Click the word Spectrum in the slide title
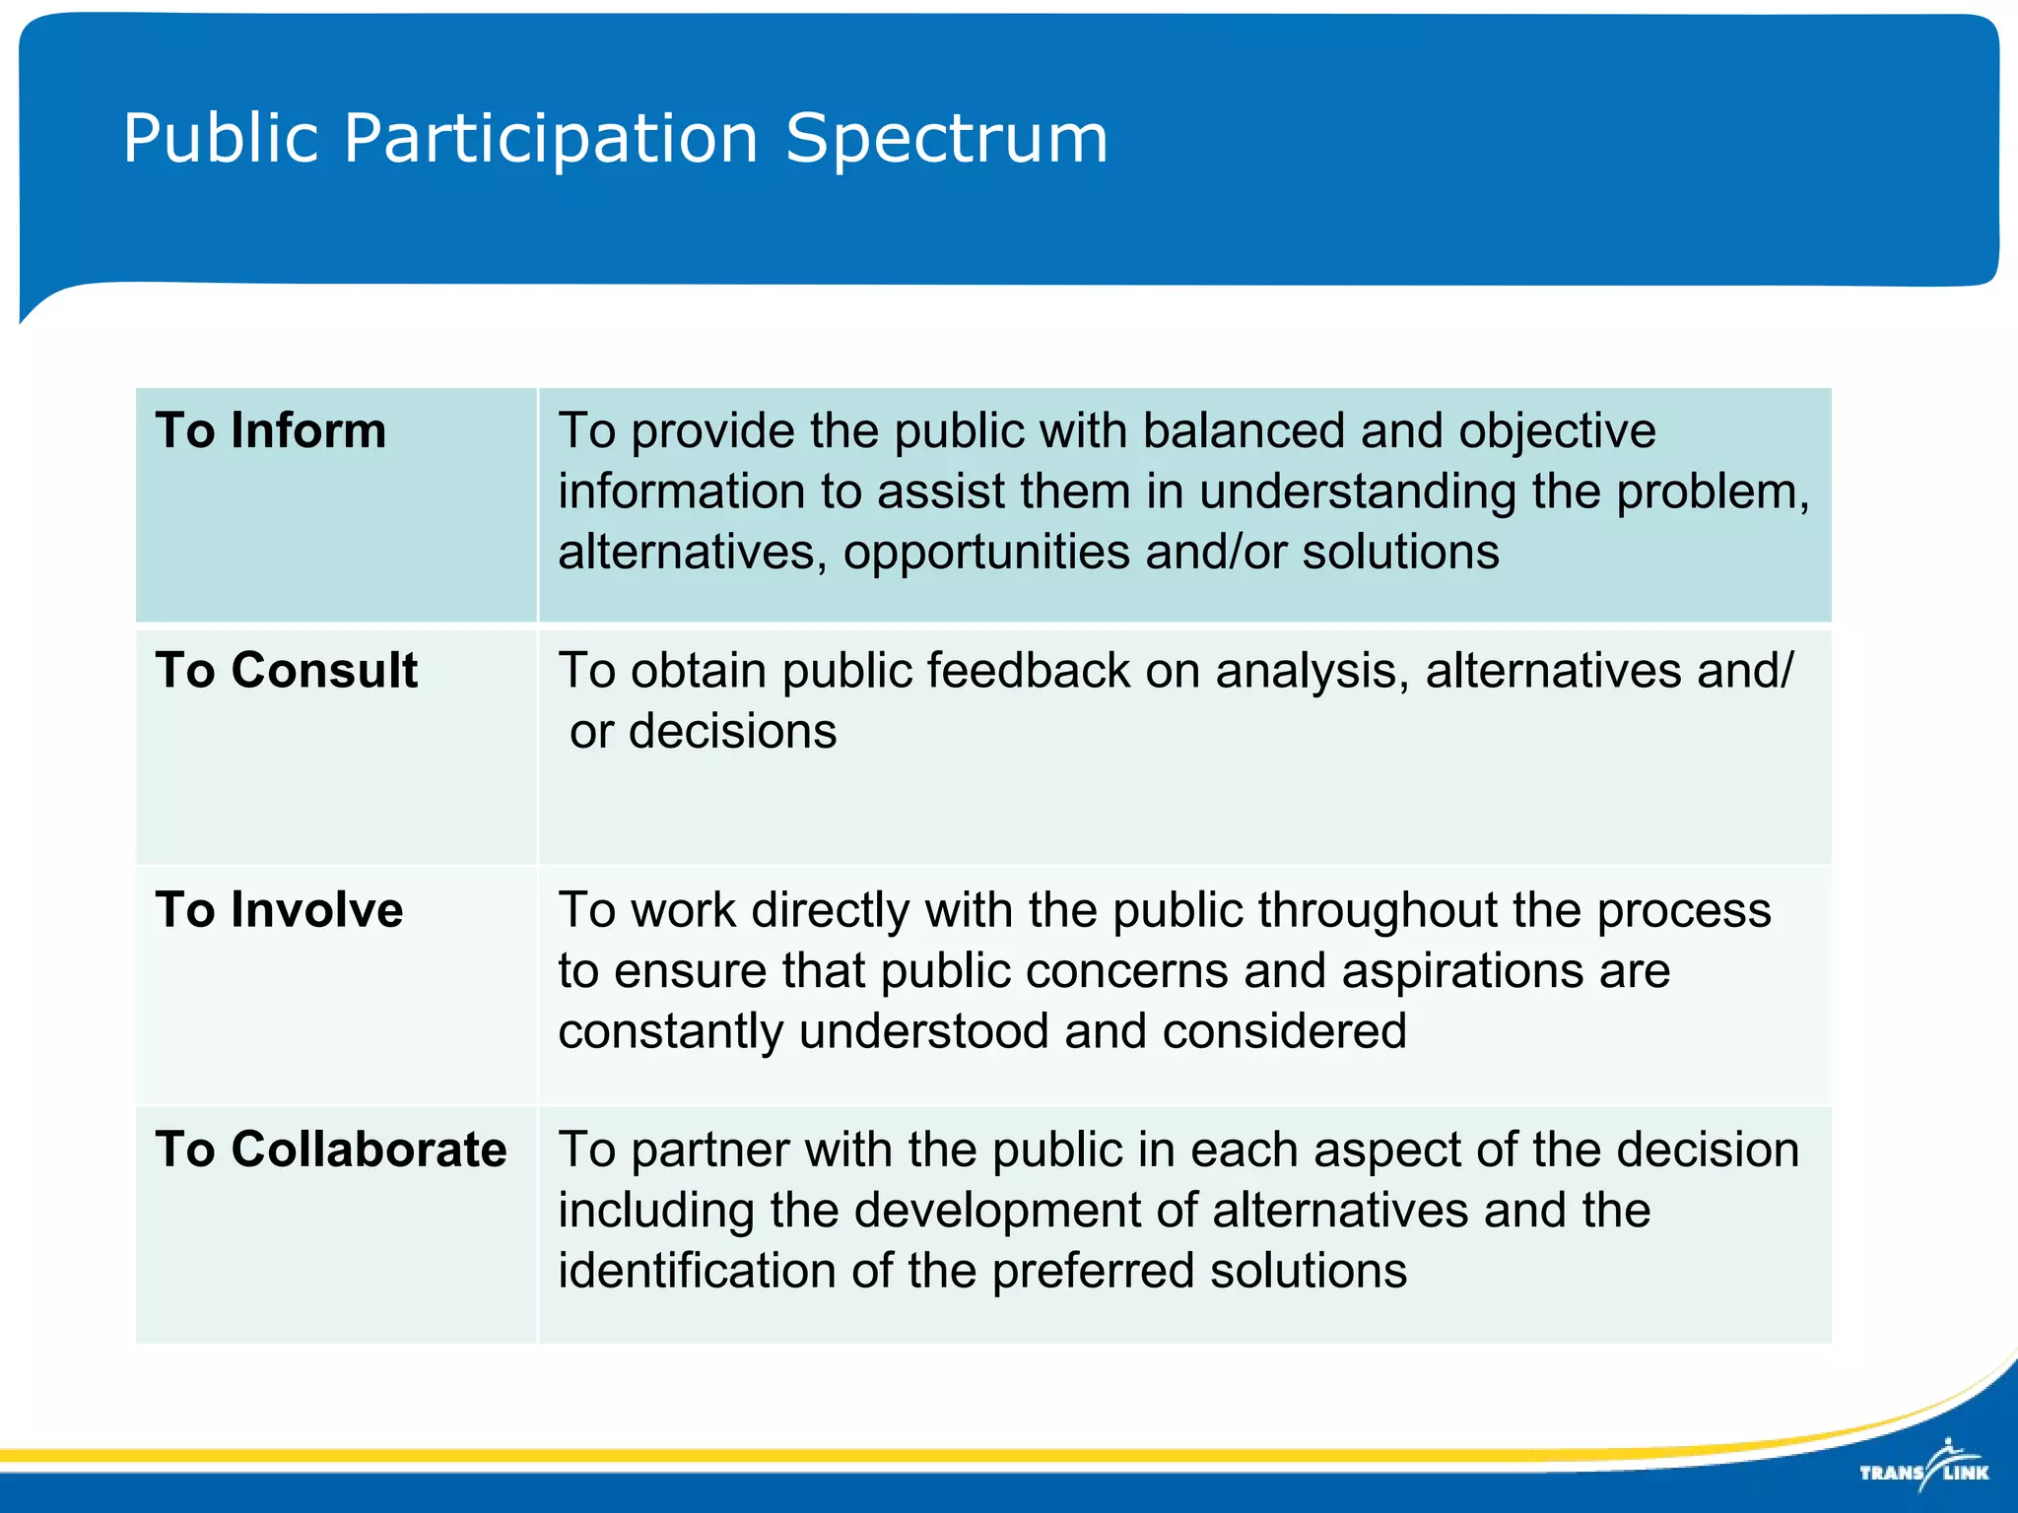pos(946,138)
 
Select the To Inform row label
pos(270,430)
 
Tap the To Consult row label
pos(286,670)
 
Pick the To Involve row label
pos(279,909)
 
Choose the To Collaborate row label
pos(330,1149)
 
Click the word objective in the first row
pos(1557,430)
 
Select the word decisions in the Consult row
pos(732,731)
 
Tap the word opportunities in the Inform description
pos(986,552)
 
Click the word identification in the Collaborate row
pos(696,1271)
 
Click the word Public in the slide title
pos(221,138)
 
